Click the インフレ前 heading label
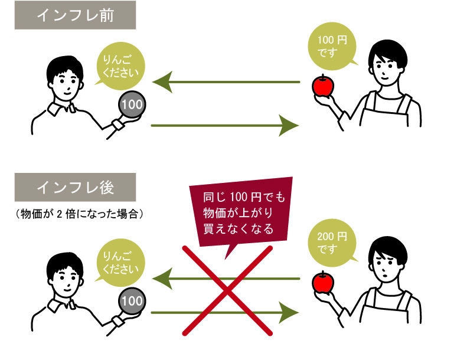(x=75, y=15)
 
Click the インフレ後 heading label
(x=75, y=188)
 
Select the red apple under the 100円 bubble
(x=323, y=86)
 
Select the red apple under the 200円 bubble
(x=323, y=282)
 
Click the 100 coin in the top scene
(x=131, y=106)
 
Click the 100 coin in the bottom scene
(x=131, y=301)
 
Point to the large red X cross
(x=227, y=289)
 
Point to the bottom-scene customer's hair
(x=64, y=260)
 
